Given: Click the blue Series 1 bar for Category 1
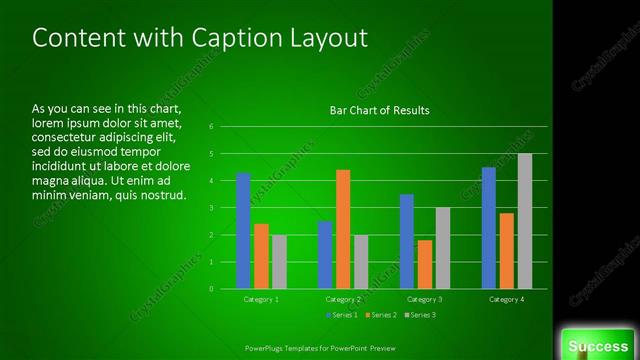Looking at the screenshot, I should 243,231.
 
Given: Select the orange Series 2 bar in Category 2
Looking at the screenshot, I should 342,229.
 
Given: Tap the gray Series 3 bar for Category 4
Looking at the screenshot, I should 524,221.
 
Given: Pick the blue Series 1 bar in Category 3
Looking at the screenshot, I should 407,241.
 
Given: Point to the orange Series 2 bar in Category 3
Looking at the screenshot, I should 424,264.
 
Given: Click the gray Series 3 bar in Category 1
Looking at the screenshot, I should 278,262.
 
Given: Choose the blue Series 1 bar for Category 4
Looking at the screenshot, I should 489,228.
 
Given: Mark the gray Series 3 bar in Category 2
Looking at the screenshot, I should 360,262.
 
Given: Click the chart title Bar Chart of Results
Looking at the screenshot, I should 379,111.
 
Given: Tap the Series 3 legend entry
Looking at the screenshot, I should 420,315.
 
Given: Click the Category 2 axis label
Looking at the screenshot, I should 343,299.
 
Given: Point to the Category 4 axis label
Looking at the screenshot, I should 507,299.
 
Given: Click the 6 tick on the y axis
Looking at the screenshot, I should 212,127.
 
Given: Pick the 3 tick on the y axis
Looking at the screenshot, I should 212,208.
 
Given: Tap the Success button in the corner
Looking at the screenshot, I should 598,346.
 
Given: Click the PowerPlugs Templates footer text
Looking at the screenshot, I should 320,348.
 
